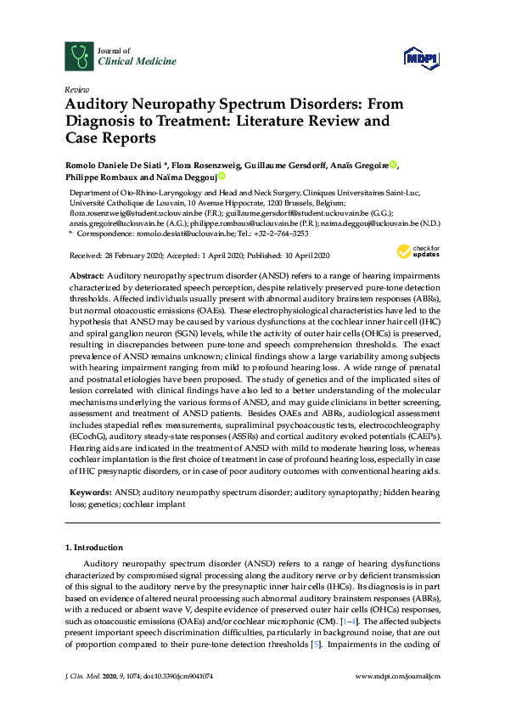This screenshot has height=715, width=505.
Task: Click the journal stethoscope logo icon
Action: [x=79, y=56]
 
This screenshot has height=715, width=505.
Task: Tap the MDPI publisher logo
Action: [x=420, y=58]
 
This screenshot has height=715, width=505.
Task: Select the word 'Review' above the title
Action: [x=76, y=88]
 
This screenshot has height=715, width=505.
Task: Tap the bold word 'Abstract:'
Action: [x=87, y=277]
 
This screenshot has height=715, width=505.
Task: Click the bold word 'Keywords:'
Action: [x=89, y=493]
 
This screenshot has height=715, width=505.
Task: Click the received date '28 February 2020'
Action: [x=138, y=255]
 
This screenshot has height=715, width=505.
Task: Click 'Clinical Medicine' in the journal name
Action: [x=126, y=62]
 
